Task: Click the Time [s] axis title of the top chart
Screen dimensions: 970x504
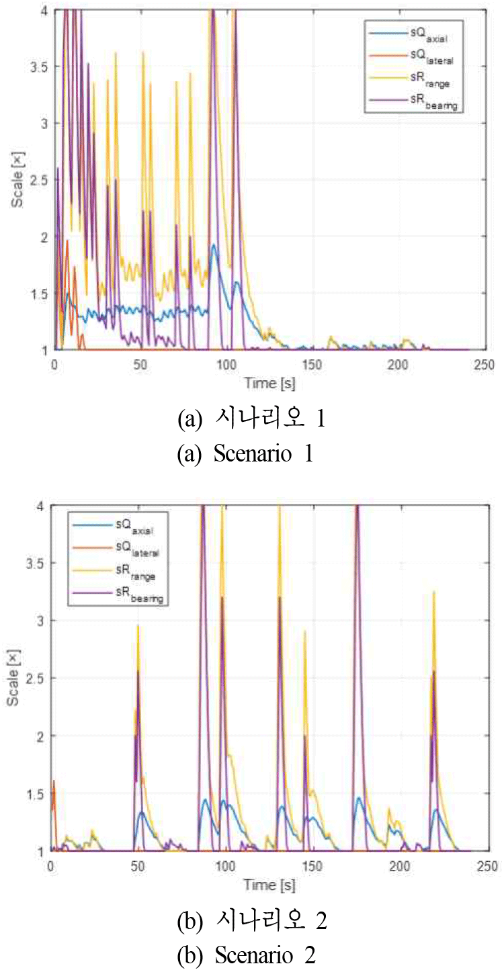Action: click(x=268, y=384)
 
